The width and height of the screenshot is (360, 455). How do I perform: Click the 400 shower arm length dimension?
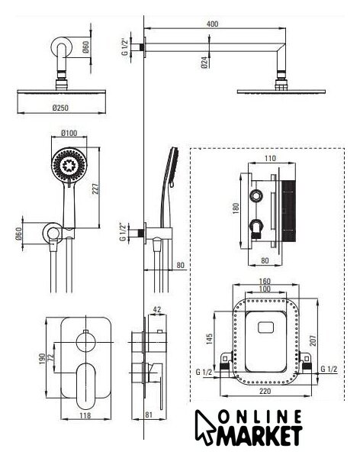click(213, 24)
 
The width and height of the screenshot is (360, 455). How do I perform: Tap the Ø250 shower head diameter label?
click(60, 108)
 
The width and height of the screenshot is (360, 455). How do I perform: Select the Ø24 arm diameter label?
click(204, 62)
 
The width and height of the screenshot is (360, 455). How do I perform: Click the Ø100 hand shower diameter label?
click(69, 133)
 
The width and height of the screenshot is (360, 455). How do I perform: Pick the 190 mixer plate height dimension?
click(42, 359)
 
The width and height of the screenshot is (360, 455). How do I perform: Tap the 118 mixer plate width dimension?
click(85, 415)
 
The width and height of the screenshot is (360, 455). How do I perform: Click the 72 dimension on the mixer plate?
click(51, 357)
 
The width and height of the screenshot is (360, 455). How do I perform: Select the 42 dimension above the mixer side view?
click(157, 309)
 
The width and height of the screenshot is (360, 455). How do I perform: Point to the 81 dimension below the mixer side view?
click(149, 415)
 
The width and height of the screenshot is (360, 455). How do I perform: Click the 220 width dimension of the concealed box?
click(265, 391)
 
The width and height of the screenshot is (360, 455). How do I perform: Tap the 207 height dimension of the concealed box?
click(313, 340)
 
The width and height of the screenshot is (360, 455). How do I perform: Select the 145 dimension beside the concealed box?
click(210, 339)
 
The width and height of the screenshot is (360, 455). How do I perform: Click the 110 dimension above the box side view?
click(270, 158)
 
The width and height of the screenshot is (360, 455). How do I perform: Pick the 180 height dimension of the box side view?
click(236, 208)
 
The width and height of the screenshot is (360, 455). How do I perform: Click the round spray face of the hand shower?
click(69, 165)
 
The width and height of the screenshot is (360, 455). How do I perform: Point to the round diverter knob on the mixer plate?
click(85, 342)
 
